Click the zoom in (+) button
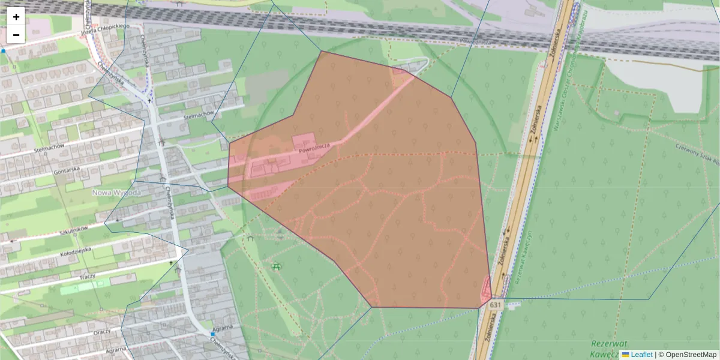click(x=16, y=17)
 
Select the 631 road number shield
click(x=494, y=305)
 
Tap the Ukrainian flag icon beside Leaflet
click(x=625, y=355)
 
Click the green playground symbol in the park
click(x=275, y=266)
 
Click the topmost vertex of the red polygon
click(x=322, y=51)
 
